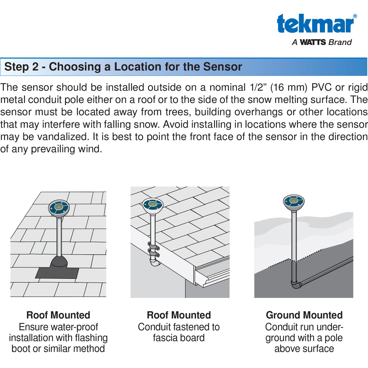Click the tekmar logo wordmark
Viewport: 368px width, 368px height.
pyautogui.click(x=315, y=24)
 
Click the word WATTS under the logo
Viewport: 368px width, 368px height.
pyautogui.click(x=313, y=42)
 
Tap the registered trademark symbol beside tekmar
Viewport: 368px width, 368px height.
pyautogui.click(x=355, y=16)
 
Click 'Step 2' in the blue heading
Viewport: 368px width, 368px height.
pyautogui.click(x=21, y=67)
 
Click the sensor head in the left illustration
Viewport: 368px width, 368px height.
pyautogui.click(x=59, y=208)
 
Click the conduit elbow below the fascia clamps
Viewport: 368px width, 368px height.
pyautogui.click(x=154, y=263)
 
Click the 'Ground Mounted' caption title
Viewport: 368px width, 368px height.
pyautogui.click(x=304, y=315)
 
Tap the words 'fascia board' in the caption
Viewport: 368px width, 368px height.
pyautogui.click(x=179, y=338)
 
